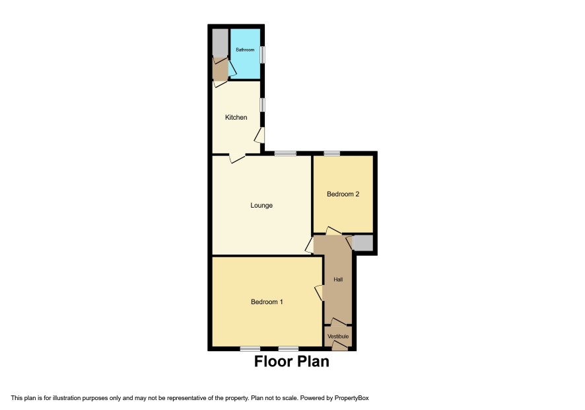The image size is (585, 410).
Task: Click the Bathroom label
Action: [x=245, y=50]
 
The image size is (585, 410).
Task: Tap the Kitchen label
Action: [x=236, y=117]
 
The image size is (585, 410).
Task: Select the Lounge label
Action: [x=261, y=205]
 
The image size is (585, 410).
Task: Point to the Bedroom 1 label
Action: [x=267, y=302]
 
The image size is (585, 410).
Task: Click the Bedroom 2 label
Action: [x=343, y=194]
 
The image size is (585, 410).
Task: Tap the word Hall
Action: [x=339, y=280]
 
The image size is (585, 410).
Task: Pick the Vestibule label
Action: [x=338, y=337]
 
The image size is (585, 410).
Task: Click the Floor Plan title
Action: [x=292, y=362]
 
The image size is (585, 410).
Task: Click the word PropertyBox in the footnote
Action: [x=351, y=398]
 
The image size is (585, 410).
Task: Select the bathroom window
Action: [x=263, y=55]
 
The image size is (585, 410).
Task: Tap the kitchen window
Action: [x=263, y=105]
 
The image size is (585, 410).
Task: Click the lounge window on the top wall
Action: [x=285, y=153]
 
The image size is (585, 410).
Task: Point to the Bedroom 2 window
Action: [x=331, y=153]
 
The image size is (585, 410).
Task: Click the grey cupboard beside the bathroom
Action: [x=220, y=42]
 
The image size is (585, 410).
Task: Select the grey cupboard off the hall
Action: [x=362, y=243]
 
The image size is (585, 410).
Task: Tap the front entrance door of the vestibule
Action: [x=339, y=346]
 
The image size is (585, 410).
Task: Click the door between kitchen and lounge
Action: [x=237, y=158]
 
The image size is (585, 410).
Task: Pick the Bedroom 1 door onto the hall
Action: [x=319, y=293]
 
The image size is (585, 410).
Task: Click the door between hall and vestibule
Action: [x=339, y=322]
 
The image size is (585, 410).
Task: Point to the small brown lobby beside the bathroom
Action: [x=220, y=69]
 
